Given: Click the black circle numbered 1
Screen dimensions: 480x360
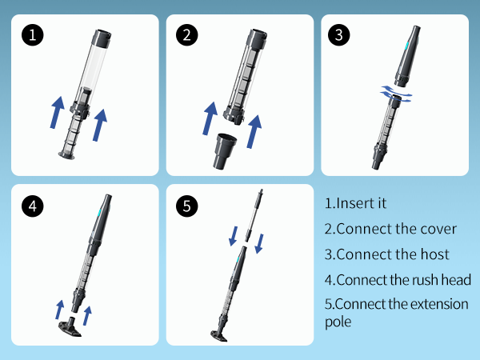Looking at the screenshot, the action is [x=33, y=35].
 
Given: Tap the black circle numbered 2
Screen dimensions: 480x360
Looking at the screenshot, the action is [x=186, y=35].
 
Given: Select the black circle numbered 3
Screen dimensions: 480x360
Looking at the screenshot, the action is [x=338, y=35].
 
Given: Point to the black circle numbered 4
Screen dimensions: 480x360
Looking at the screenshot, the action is [x=33, y=206].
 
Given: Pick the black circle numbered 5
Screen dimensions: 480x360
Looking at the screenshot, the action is [x=186, y=206].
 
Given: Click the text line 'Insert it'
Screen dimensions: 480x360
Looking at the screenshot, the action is [x=355, y=203].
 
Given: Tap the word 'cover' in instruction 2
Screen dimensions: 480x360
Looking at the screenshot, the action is [x=438, y=229].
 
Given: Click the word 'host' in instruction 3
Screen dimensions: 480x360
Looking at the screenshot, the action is [x=434, y=254].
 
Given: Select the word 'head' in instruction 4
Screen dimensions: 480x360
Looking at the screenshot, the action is [x=456, y=280].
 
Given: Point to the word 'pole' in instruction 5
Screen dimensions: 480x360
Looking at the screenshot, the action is [x=338, y=322].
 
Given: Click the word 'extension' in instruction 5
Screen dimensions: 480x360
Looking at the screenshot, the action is [x=439, y=304].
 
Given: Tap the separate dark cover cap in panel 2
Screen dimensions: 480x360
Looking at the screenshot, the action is [x=225, y=151].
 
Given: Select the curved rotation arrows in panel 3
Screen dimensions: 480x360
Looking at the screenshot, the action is [x=396, y=94].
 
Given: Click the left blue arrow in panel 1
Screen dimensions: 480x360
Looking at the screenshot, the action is [x=58, y=113].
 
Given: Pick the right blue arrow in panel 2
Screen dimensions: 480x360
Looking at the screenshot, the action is [x=254, y=132].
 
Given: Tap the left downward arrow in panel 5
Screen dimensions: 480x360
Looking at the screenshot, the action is [x=234, y=236].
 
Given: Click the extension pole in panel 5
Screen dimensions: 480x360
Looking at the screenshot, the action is [x=254, y=215].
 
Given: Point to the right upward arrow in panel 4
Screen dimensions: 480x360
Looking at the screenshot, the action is [x=87, y=316].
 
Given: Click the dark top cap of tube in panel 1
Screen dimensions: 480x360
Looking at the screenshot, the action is [x=102, y=38].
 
